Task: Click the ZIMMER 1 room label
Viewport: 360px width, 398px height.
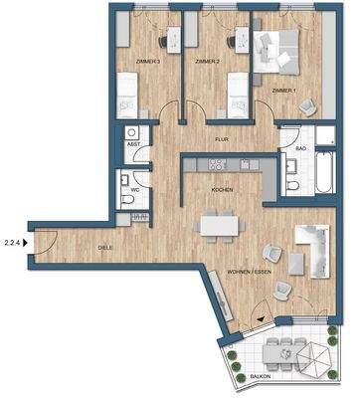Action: (x=285, y=91)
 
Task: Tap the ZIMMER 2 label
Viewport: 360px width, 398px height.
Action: (x=206, y=62)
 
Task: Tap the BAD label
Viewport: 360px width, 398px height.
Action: (x=298, y=148)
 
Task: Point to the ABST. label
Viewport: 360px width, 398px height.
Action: (x=132, y=145)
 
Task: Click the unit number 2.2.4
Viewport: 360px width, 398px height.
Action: (x=13, y=239)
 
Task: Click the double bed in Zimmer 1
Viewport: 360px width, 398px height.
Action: (x=279, y=50)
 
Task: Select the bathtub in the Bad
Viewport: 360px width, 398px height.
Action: (x=323, y=175)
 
